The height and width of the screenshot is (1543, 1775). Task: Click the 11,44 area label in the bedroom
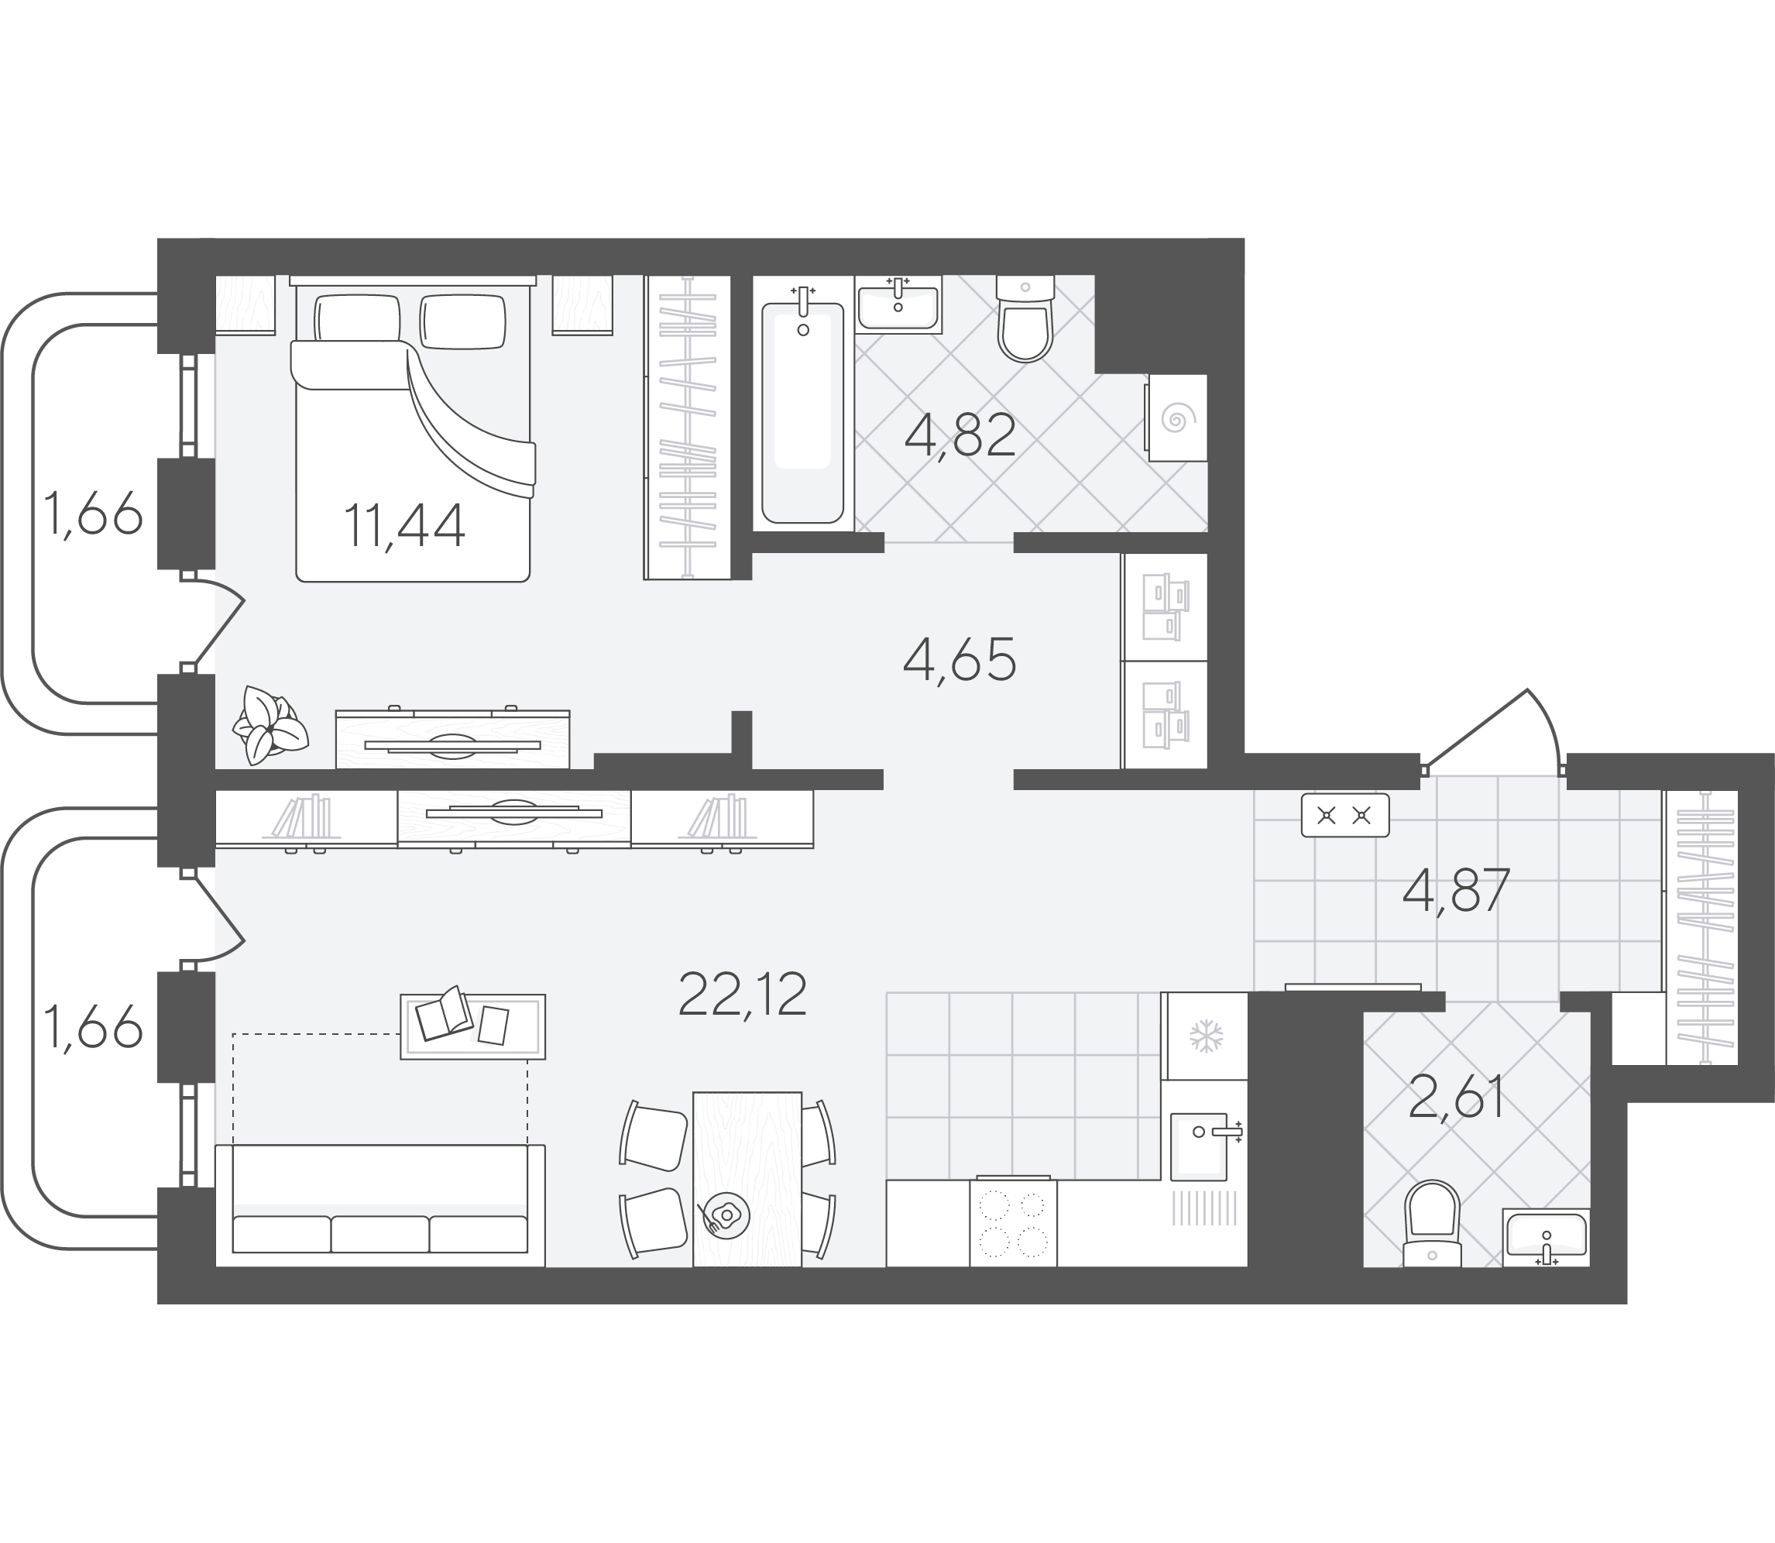(x=404, y=526)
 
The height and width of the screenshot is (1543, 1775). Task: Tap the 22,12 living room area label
(x=742, y=994)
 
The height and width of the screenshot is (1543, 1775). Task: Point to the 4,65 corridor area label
(x=960, y=659)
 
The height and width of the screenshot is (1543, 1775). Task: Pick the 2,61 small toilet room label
(x=1457, y=1097)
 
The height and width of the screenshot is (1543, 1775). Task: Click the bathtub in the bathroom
(x=802, y=412)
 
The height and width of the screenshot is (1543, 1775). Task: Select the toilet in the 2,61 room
(x=1433, y=1222)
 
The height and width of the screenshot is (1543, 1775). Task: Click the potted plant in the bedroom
(x=270, y=726)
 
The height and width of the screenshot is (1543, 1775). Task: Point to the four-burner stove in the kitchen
(x=1013, y=1222)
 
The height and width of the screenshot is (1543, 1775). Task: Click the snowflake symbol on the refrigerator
(x=1206, y=1036)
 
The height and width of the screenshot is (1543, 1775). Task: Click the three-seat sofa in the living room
(x=379, y=1205)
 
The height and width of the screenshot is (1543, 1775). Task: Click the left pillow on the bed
(x=357, y=318)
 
